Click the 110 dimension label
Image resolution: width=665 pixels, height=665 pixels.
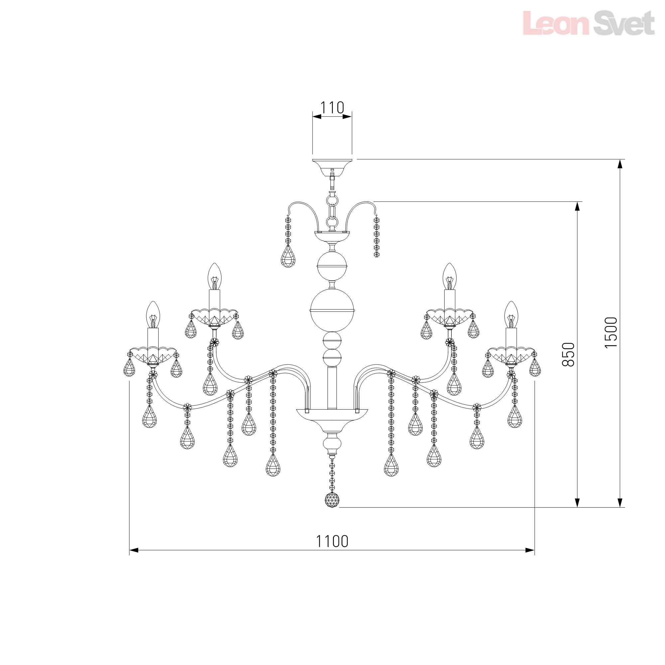[332, 108]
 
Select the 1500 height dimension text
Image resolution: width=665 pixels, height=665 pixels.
[611, 332]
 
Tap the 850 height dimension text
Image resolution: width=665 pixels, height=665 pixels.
[568, 354]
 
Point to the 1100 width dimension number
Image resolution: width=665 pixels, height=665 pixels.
[332, 541]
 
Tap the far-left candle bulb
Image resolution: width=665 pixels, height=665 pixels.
[153, 315]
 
